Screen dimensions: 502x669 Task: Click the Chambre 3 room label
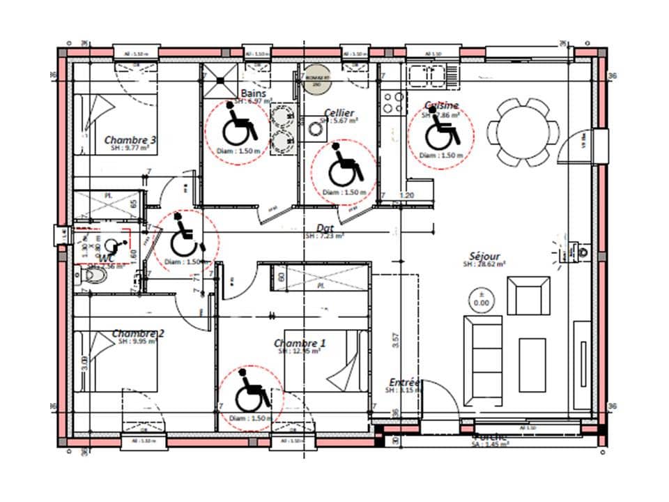(130, 140)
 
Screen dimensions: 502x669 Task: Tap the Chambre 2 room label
(138, 334)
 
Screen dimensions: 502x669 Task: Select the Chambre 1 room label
(300, 343)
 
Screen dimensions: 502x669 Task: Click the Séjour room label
(484, 257)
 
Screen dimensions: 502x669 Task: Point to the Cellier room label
(339, 113)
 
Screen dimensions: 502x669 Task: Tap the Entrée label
(404, 382)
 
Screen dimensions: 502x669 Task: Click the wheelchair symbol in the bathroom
(239, 126)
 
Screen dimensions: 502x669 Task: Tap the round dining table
(523, 132)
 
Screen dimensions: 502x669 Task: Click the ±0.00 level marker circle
(481, 300)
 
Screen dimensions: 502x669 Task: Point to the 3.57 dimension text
(396, 341)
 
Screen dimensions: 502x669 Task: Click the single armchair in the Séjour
(530, 295)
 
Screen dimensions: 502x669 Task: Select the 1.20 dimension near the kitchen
(407, 196)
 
